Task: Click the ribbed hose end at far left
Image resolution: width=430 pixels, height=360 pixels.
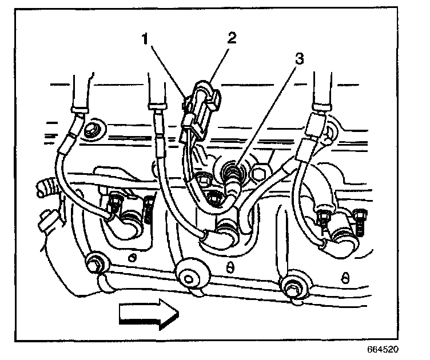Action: (x=44, y=187)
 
